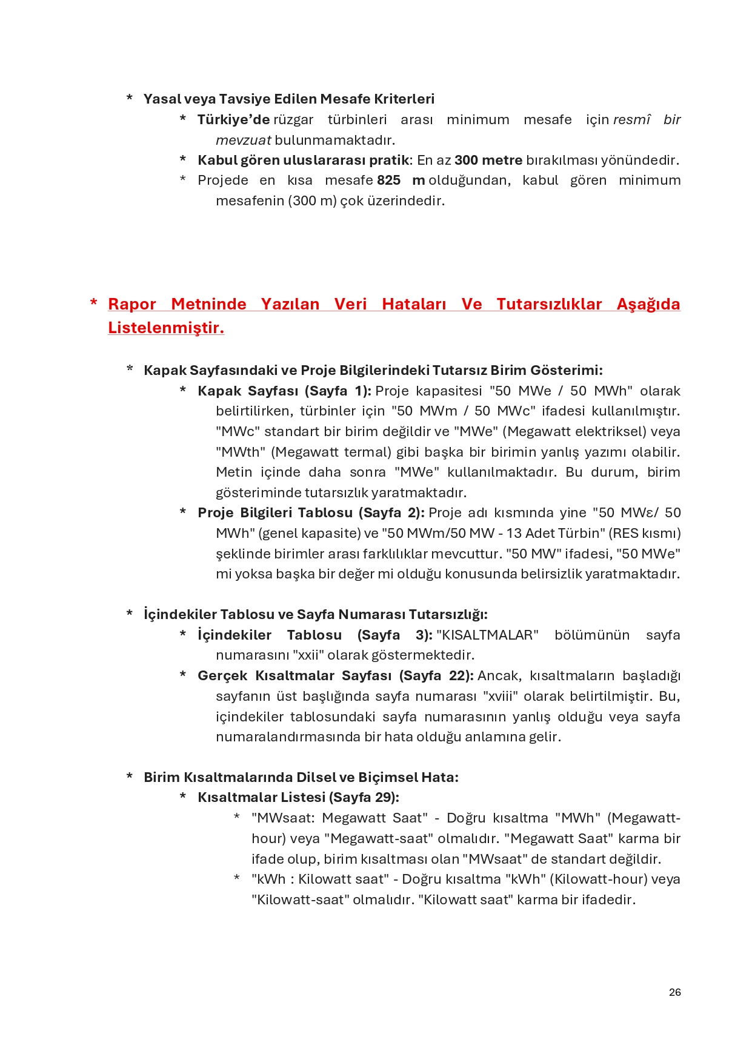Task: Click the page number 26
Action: [674, 992]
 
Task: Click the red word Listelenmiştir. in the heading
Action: [166, 328]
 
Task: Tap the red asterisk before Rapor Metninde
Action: [93, 302]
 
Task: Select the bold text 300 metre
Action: [488, 161]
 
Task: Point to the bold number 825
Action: [388, 180]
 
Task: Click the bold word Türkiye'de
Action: [233, 120]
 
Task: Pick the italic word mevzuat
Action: [243, 141]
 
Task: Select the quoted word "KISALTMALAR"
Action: [487, 635]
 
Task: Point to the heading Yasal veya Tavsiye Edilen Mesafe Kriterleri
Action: [288, 99]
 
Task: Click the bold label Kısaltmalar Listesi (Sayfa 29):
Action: [298, 797]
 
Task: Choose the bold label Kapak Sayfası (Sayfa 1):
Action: [284, 391]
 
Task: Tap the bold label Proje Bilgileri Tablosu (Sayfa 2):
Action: [311, 513]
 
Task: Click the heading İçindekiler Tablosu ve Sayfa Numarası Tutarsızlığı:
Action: [315, 614]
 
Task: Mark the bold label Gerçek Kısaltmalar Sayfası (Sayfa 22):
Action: [335, 676]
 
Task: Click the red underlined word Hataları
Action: [414, 304]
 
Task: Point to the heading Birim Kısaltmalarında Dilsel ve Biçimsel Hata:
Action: [301, 777]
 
